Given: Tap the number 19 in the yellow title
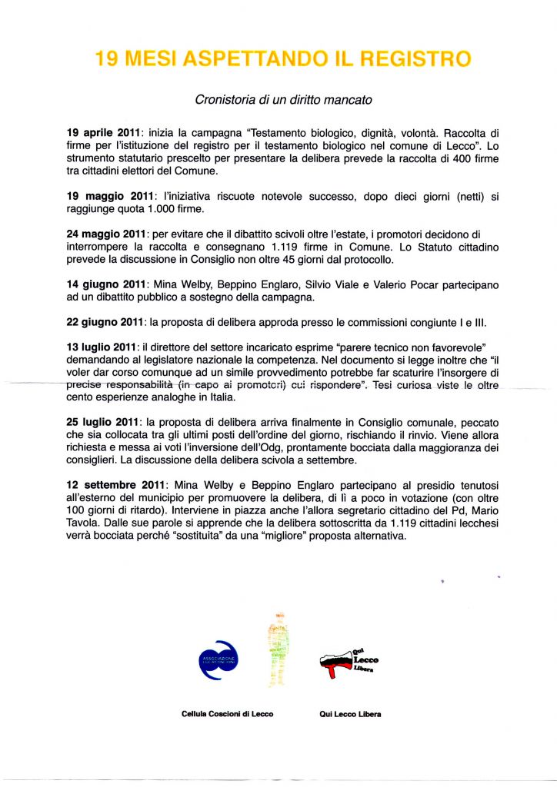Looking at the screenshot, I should pos(107,59).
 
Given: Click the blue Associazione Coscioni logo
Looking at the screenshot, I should pos(219,660).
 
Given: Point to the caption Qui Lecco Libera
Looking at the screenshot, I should pos(350,713).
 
